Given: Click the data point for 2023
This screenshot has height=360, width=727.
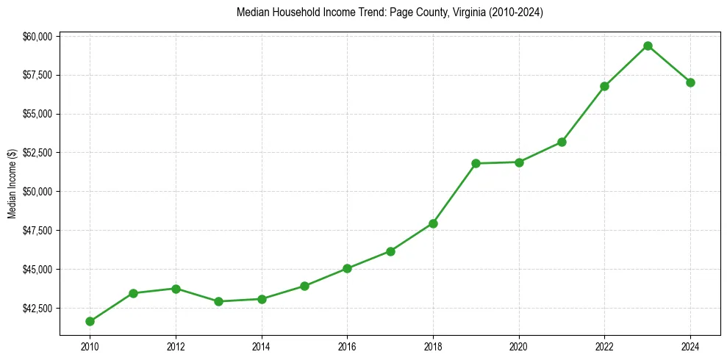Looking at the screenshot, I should tap(648, 46).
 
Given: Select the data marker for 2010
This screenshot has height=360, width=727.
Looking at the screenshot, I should tap(90, 321).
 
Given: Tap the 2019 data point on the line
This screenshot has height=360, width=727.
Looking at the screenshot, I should tap(476, 163).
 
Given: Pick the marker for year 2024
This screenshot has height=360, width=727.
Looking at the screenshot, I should tap(690, 82).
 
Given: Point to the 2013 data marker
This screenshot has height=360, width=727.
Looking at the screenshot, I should tap(218, 301).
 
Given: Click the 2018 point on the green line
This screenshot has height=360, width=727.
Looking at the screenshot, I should tap(433, 223).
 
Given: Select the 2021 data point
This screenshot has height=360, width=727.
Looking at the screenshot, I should tap(562, 142).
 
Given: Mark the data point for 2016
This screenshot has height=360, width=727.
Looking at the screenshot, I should tap(347, 269).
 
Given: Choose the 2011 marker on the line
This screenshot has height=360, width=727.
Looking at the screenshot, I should tap(133, 293).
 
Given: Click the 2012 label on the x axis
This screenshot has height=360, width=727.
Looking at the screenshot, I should tap(176, 345).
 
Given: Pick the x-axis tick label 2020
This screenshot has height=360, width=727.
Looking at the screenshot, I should tap(519, 345).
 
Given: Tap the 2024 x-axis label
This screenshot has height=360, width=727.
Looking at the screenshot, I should tap(690, 345).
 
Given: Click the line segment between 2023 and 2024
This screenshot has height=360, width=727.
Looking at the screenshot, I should tap(669, 64).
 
